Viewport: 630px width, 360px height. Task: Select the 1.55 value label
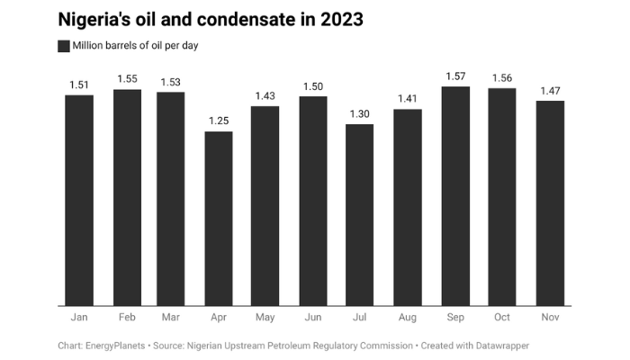(x=126, y=79)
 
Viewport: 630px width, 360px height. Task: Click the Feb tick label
(x=126, y=318)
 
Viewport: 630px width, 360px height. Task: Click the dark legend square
(x=64, y=46)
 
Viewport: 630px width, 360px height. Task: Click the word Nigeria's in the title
(x=97, y=19)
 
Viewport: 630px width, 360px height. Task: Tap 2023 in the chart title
(x=337, y=19)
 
